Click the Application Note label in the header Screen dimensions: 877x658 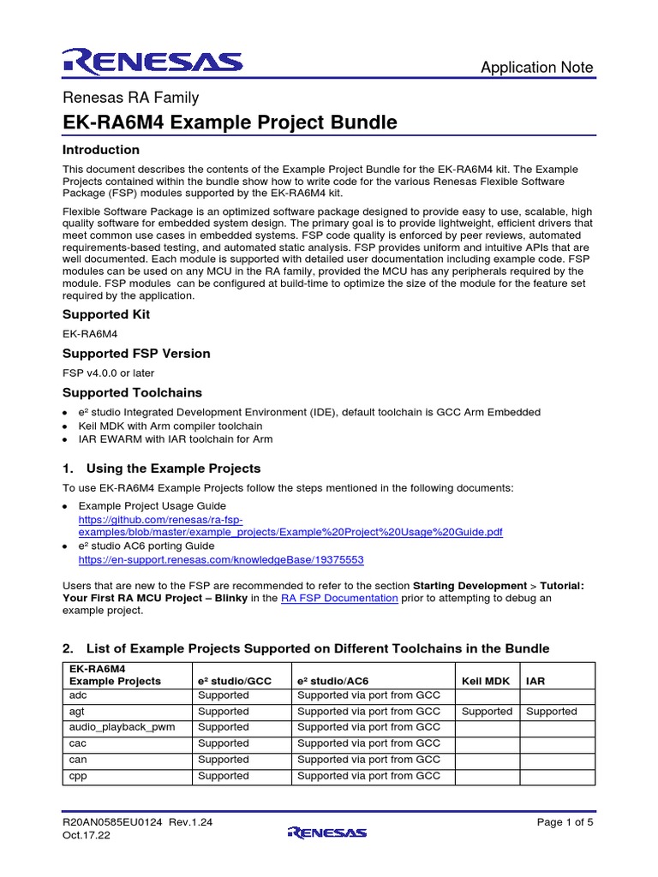[536, 68]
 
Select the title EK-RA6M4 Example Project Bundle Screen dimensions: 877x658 [230, 122]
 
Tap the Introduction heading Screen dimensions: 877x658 [101, 150]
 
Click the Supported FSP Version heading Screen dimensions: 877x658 [136, 354]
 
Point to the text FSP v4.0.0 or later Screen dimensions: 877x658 [109, 373]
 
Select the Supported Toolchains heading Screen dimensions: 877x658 [132, 392]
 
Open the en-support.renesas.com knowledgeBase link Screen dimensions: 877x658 [221, 559]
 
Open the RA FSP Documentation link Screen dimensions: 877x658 [339, 598]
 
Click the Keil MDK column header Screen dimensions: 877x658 [486, 681]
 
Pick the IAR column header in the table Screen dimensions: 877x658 [535, 681]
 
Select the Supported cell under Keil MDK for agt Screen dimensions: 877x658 [487, 712]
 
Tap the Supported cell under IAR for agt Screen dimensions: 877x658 [551, 712]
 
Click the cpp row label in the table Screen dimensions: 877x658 [79, 776]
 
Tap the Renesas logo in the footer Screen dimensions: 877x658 [328, 832]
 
